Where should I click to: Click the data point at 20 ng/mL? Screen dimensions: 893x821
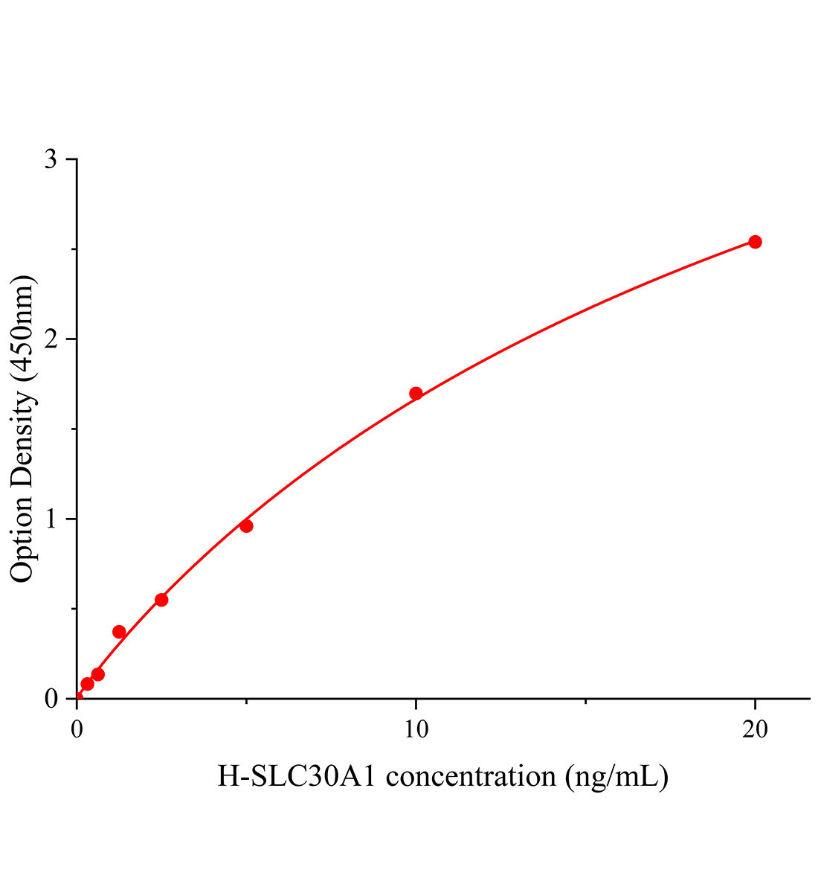755,242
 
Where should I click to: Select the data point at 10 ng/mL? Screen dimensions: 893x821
416,393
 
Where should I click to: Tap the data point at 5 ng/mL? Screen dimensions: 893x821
246,526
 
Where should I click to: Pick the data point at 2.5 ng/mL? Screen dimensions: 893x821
161,600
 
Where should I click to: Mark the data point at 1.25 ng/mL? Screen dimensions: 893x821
119,632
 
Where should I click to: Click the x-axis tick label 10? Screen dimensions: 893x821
416,730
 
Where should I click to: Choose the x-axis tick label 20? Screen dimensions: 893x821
755,730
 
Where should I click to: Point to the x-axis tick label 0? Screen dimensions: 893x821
77,730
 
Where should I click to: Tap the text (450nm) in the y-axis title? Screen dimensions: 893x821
23,327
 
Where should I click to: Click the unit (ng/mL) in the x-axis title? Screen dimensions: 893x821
616,776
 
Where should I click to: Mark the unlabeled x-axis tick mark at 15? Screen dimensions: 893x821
586,702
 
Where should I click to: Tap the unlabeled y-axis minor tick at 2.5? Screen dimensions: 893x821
74,249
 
